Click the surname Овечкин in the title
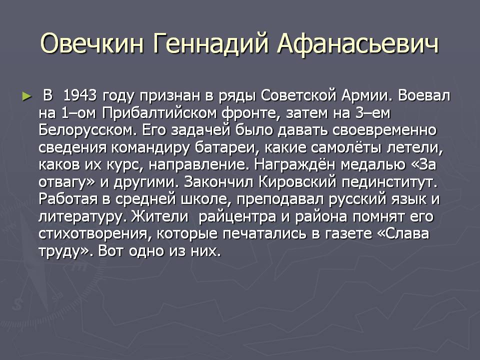92,43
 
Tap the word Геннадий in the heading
210,44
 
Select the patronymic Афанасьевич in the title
358,44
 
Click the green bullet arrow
27,96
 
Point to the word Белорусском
87,130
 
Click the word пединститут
389,182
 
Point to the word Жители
160,216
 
